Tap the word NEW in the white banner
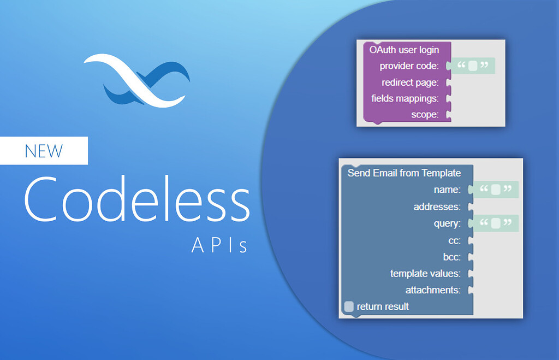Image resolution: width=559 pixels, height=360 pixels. click(44, 150)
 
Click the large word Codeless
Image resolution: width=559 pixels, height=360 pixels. click(136, 198)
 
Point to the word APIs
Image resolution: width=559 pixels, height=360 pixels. click(219, 246)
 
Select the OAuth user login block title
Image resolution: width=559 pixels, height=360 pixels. click(404, 50)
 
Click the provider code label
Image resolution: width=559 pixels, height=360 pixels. click(409, 66)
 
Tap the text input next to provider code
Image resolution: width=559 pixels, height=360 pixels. click(473, 66)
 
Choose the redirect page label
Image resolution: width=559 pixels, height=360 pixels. click(410, 82)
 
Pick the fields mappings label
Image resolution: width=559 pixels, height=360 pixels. click(405, 99)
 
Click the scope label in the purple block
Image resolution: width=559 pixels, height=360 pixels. click(425, 115)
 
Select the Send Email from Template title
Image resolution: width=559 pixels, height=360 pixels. click(404, 173)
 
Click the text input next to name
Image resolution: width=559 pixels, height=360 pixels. click(496, 190)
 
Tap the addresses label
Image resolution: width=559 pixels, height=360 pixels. click(437, 207)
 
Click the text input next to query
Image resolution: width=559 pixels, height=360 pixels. click(496, 223)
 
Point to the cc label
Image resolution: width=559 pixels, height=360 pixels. click(454, 240)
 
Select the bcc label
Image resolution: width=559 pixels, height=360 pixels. click(451, 257)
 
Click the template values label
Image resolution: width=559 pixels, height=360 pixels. click(425, 273)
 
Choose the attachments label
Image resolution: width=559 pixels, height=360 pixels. click(433, 290)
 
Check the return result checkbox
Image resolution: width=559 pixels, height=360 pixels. click(349, 306)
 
